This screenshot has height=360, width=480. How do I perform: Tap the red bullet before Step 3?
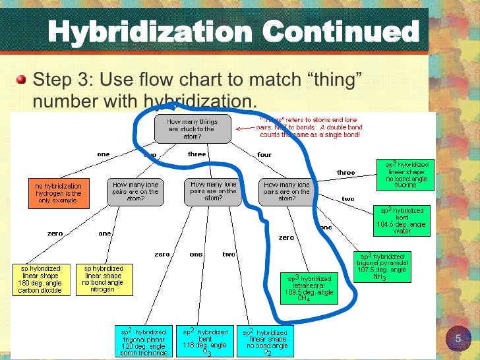[21, 80]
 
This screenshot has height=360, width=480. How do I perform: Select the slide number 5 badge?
[458, 339]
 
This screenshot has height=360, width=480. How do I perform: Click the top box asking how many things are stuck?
[193, 128]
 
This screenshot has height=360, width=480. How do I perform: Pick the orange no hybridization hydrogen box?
[58, 192]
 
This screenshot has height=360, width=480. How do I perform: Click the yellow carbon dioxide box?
[40, 278]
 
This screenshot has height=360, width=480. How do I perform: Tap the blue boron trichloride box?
[144, 340]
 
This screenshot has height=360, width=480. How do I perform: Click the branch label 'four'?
[264, 155]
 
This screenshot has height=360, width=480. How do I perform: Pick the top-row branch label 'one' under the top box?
[103, 154]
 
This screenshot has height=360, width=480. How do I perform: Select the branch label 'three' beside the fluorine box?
[345, 172]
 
